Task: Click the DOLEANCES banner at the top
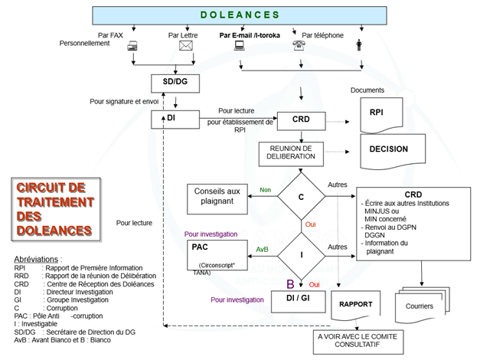240,15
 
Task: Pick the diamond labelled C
301,197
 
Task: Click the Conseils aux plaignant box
218,198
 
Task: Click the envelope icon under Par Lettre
185,45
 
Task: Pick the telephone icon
299,45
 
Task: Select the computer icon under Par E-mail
240,45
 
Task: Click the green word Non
266,190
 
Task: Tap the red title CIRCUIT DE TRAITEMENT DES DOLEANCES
55,209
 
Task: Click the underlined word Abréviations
38,259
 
